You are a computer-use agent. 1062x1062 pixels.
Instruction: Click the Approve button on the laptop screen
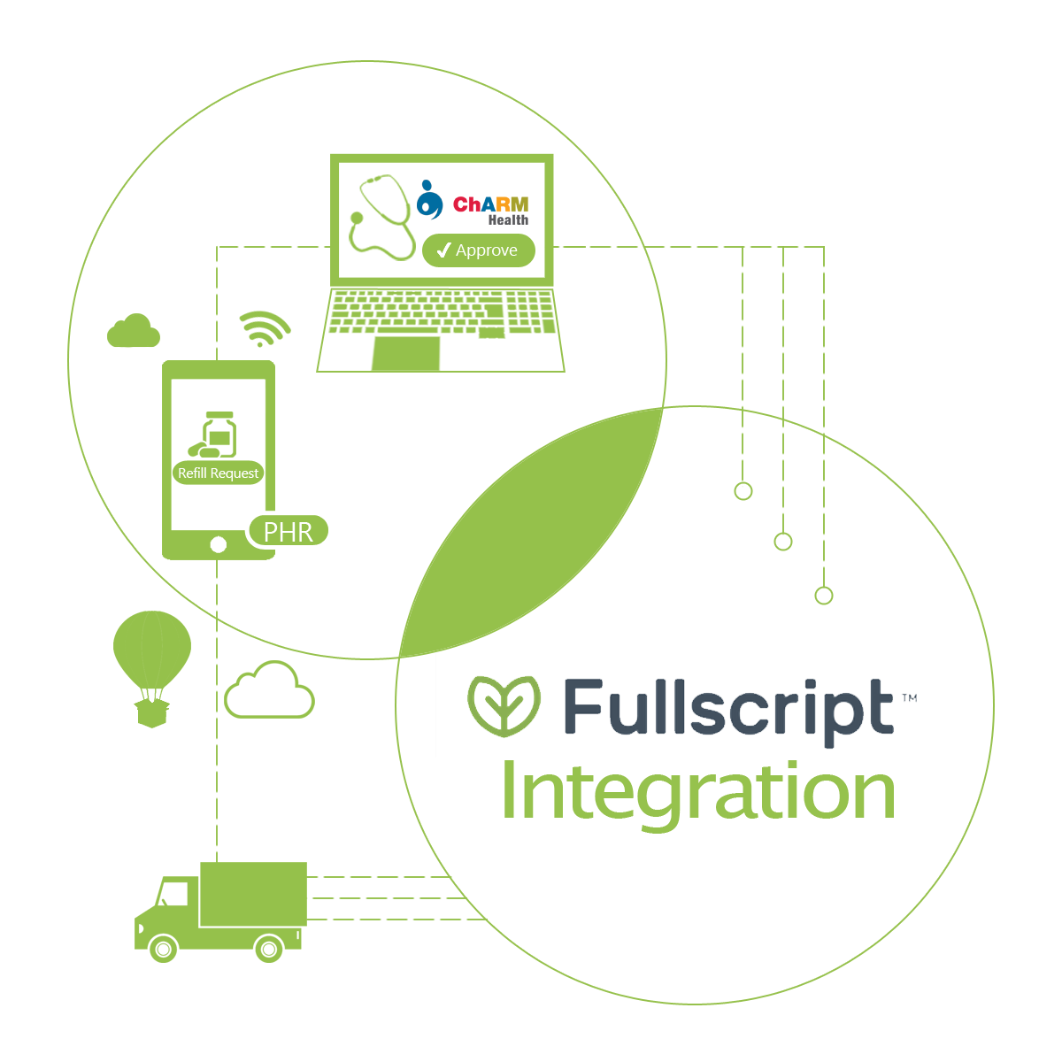point(479,250)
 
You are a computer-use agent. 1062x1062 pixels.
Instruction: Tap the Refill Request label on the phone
point(218,473)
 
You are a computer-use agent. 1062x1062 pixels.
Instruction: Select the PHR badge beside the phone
point(289,532)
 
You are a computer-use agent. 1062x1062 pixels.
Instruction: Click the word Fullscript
point(727,709)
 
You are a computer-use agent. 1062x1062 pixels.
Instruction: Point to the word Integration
point(698,793)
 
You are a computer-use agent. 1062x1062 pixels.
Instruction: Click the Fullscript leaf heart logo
point(504,706)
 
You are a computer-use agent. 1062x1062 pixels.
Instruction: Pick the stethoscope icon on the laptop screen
point(381,218)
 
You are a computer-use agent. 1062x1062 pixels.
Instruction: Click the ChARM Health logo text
point(490,210)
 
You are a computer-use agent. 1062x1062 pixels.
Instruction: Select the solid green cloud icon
point(134,331)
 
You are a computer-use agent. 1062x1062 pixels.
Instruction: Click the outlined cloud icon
point(269,691)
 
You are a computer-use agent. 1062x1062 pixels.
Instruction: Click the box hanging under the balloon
point(152,712)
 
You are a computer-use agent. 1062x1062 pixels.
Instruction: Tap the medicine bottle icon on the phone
point(218,434)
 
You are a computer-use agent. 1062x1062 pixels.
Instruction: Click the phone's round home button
point(219,545)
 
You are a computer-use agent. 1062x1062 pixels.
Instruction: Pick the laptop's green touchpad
point(405,353)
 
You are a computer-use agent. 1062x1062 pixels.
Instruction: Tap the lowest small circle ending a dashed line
point(824,596)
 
